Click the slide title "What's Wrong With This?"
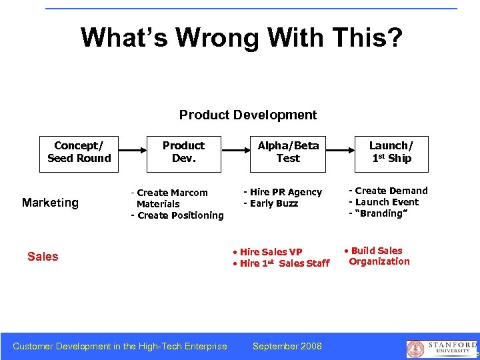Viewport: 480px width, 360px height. [241, 38]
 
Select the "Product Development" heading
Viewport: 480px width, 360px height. [248, 115]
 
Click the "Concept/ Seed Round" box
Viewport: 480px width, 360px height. [79, 152]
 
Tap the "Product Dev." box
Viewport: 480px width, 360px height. [183, 152]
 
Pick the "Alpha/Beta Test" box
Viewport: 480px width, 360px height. [288, 152]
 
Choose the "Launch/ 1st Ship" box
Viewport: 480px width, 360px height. [391, 152]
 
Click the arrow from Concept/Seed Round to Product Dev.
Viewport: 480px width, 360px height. [131, 152]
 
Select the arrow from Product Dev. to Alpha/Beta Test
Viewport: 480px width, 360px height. [235, 152]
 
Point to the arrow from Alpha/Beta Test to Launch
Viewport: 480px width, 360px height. [339, 152]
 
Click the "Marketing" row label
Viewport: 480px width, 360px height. [50, 203]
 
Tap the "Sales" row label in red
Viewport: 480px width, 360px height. [43, 257]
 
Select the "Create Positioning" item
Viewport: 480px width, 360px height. [177, 215]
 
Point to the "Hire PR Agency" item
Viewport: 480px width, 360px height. [283, 192]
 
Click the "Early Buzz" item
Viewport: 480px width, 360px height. [271, 203]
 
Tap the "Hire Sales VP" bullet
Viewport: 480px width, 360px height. [268, 251]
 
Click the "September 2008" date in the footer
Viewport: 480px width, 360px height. [287, 346]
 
